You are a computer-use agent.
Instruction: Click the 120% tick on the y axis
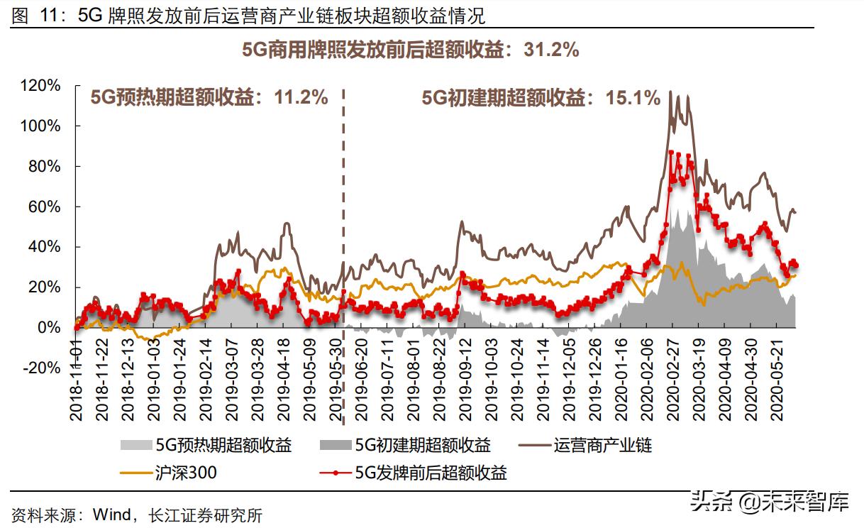click(41, 86)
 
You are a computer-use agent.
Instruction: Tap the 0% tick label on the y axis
click(50, 328)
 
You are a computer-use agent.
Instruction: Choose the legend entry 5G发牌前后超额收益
click(431, 473)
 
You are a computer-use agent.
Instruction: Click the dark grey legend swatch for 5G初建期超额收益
click(338, 446)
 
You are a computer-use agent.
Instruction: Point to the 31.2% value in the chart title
click(551, 50)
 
